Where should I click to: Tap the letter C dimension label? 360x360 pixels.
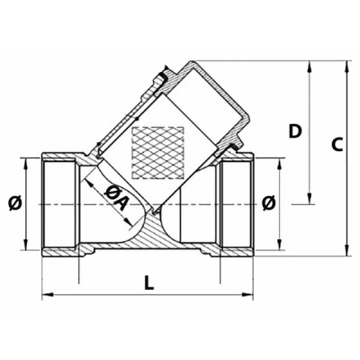[x=336, y=145]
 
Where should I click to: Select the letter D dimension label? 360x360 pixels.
[x=293, y=131]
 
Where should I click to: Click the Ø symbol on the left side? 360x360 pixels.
[x=14, y=203]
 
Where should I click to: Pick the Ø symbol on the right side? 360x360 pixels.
[x=267, y=204]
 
